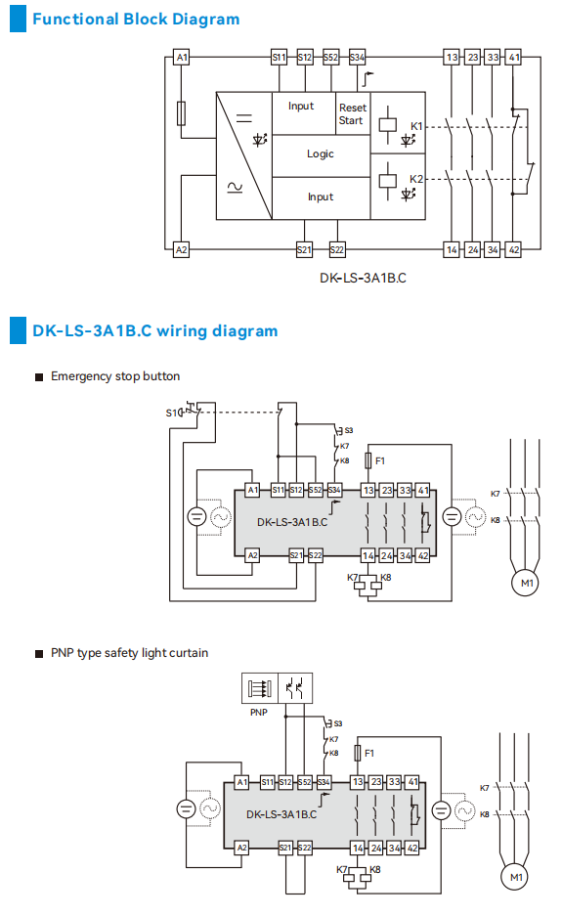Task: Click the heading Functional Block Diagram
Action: point(135,19)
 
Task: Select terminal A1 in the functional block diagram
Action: point(181,58)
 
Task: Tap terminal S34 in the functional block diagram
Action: point(357,58)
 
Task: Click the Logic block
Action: point(320,153)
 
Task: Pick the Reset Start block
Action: point(351,113)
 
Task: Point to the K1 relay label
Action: point(416,127)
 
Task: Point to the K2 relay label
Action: point(416,179)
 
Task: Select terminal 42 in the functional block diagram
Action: point(514,249)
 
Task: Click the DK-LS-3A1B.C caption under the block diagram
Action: point(363,277)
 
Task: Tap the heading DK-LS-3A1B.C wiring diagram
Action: point(154,330)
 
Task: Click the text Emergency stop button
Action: point(114,376)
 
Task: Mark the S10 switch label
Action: point(173,413)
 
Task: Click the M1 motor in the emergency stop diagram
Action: point(527,584)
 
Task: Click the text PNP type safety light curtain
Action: point(129,652)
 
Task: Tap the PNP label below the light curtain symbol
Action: point(258,713)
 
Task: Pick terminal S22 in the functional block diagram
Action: point(337,249)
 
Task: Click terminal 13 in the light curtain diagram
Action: point(358,782)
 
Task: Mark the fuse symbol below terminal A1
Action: point(181,113)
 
